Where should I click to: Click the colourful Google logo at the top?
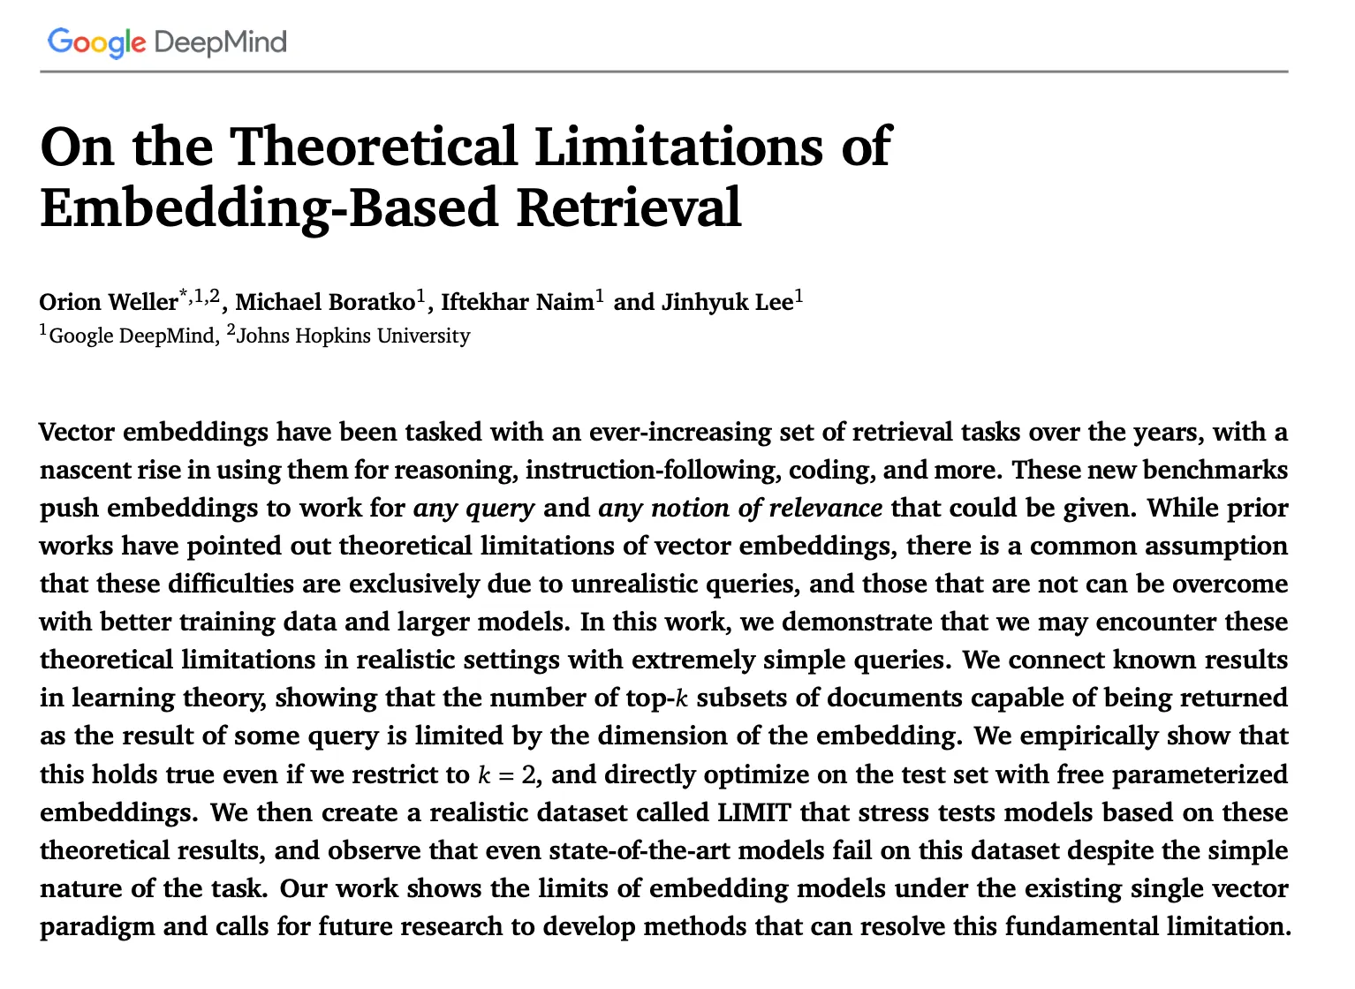[x=96, y=42]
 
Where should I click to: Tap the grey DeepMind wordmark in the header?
[x=220, y=42]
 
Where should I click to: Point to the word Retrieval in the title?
[x=628, y=208]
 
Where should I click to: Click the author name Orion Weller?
[x=108, y=302]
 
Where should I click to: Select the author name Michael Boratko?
[x=325, y=302]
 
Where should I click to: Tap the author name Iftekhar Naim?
[x=517, y=302]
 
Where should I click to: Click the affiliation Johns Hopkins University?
[x=353, y=336]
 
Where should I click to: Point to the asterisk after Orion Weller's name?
[x=185, y=295]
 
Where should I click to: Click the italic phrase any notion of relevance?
[x=740, y=508]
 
